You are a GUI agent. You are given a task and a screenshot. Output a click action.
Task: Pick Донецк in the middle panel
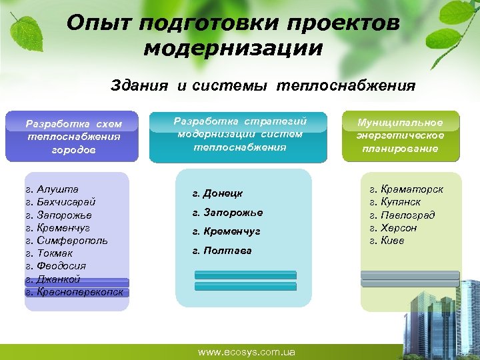coord(217,193)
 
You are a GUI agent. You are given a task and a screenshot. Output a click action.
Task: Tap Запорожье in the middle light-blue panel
coord(227,213)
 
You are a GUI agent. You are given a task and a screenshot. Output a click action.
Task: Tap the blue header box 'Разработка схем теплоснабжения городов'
coord(73,137)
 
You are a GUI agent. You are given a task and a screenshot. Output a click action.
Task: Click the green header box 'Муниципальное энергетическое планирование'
coord(400,136)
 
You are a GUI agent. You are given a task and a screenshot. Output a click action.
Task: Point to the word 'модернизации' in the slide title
coord(233,49)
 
